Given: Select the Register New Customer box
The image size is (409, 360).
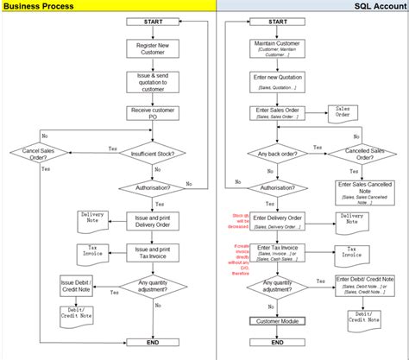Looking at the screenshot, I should pos(152,48).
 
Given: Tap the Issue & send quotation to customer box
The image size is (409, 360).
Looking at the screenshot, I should pos(152,81).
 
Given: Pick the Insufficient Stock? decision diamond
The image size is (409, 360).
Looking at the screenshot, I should pos(152,154).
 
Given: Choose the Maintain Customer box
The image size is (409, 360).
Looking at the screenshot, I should pos(277,47).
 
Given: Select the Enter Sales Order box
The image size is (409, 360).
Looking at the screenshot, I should pos(277,114).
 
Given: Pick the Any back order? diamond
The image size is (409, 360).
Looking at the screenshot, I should pos(277,155).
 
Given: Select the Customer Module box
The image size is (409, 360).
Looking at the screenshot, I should pos(277,321).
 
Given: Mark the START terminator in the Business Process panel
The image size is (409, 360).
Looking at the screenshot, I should pos(152,21).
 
